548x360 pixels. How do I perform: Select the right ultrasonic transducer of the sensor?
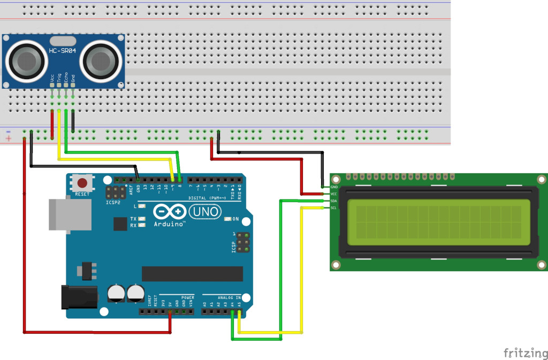click(102, 59)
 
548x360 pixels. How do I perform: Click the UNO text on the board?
click(205, 212)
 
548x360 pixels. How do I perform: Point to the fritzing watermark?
click(524, 353)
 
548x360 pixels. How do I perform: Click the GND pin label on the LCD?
click(334, 187)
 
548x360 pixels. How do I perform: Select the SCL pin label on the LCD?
click(334, 208)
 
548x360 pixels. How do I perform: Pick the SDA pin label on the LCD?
click(334, 201)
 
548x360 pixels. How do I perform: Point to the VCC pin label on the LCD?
click(334, 194)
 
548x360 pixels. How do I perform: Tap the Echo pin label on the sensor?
click(66, 78)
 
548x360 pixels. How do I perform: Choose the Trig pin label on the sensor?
click(59, 78)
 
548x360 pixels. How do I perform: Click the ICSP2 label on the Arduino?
click(113, 203)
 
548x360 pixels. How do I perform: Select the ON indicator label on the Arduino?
click(235, 219)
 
